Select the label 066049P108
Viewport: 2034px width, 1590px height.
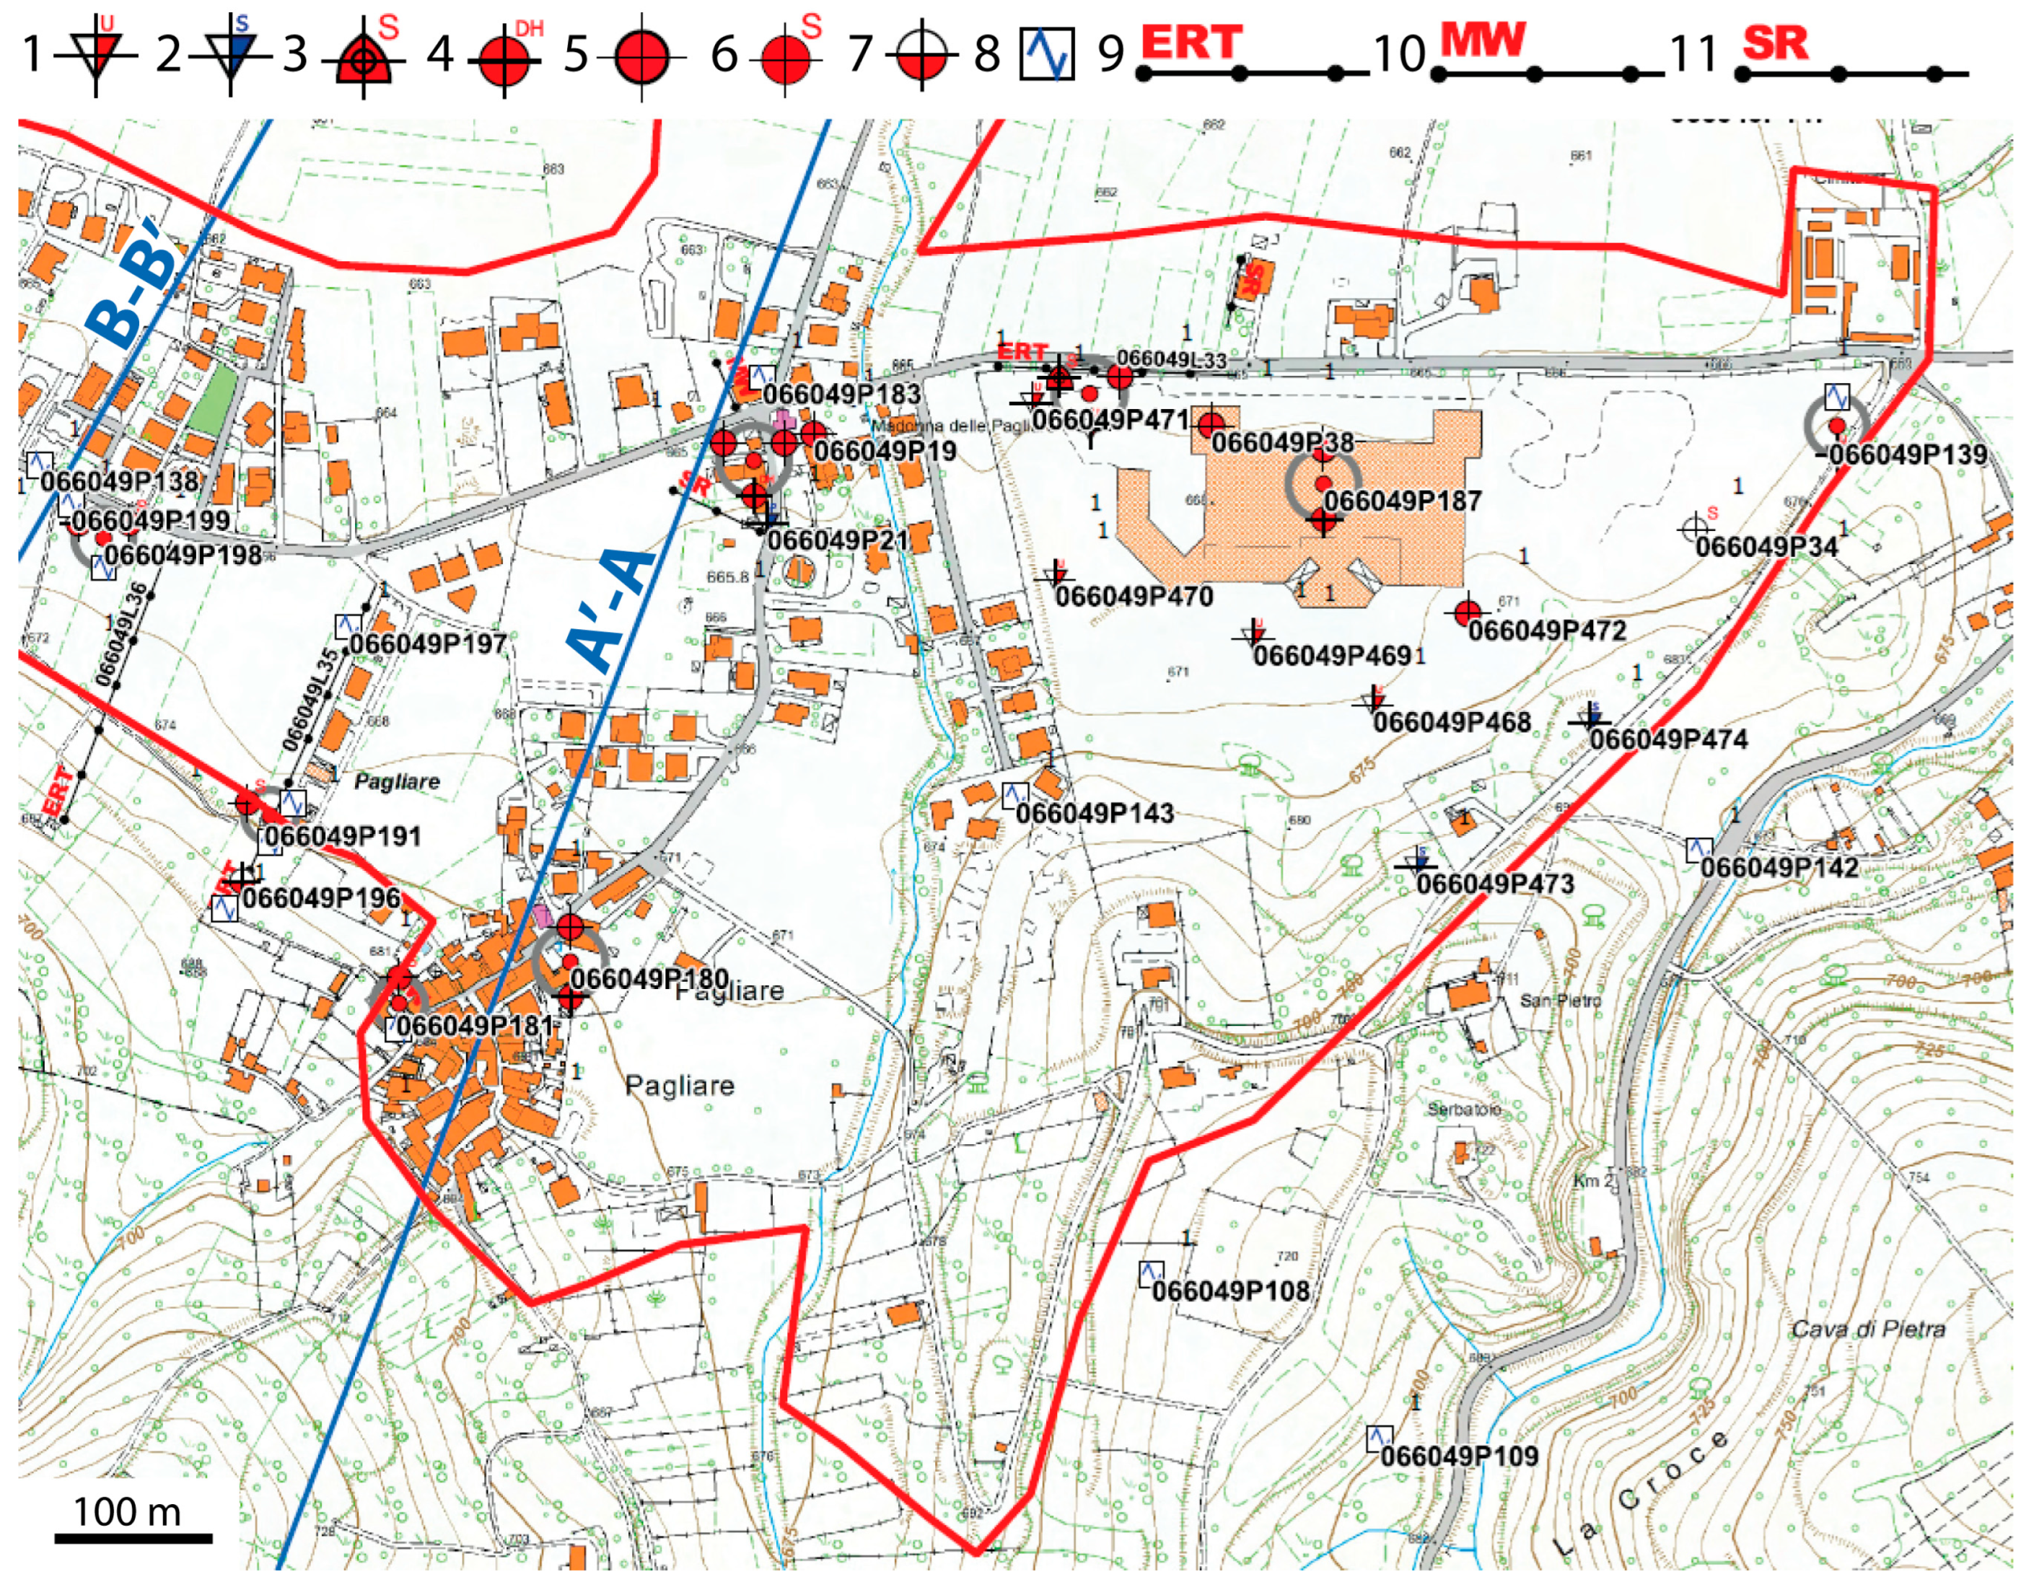pyautogui.click(x=1230, y=1291)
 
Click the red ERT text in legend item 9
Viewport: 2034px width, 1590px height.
pyautogui.click(x=1191, y=43)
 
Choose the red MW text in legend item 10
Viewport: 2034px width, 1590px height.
pyautogui.click(x=1483, y=40)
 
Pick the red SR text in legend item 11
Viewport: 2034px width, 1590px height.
pyautogui.click(x=1775, y=43)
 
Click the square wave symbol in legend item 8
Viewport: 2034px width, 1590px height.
pyautogui.click(x=1047, y=53)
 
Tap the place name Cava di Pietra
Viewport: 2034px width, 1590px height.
pyautogui.click(x=1868, y=1330)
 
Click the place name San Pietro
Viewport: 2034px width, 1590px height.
pyautogui.click(x=1560, y=1001)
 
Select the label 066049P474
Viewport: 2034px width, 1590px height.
pyautogui.click(x=1668, y=740)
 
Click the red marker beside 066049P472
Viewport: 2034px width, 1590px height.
pyautogui.click(x=1468, y=612)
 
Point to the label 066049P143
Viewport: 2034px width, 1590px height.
pyautogui.click(x=1095, y=814)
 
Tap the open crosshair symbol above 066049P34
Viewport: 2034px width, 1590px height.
pyautogui.click(x=1693, y=528)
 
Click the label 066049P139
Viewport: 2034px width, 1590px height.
pyautogui.click(x=1907, y=455)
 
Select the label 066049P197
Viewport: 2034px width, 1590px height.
pyautogui.click(x=429, y=644)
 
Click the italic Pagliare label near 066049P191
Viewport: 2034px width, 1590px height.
pyautogui.click(x=397, y=781)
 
